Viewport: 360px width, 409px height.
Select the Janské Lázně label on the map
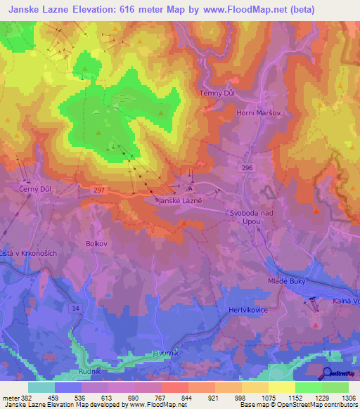pyautogui.click(x=179, y=200)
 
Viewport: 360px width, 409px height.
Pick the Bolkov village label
pyautogui.click(x=96, y=243)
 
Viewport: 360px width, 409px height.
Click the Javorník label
pyautogui.click(x=167, y=353)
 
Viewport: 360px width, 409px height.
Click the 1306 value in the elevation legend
pyautogui.click(x=348, y=398)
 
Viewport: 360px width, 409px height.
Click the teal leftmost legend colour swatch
pyautogui.click(x=41, y=387)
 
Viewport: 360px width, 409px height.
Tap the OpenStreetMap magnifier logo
pyautogui.click(x=327, y=373)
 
